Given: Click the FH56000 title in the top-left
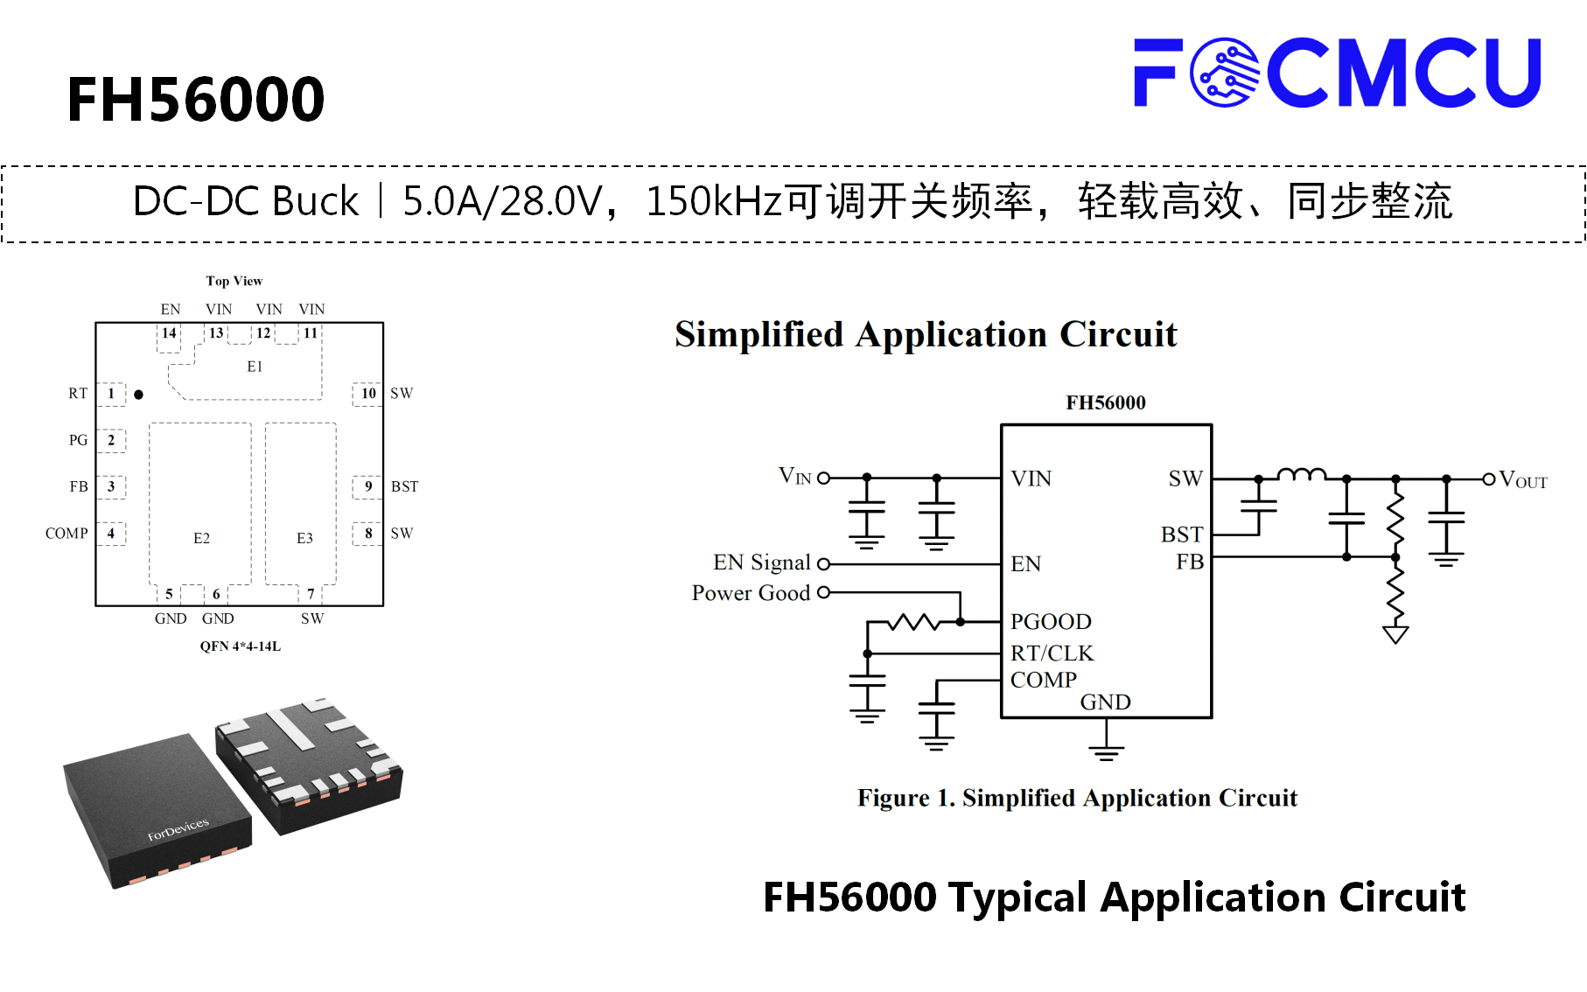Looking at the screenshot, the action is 196,99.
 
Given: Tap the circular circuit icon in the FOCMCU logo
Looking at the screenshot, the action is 1225,73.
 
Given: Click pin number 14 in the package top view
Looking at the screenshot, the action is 169,333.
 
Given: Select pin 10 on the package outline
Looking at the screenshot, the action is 368,394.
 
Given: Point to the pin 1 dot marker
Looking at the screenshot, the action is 138,395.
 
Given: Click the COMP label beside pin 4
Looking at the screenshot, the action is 66,533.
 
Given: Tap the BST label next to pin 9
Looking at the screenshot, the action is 404,486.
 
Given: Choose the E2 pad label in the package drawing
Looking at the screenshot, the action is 201,538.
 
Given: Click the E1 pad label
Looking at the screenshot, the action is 255,367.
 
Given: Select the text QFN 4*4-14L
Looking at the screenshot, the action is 241,646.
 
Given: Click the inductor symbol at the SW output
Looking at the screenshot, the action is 1302,474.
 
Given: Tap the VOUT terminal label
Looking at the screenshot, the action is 1523,480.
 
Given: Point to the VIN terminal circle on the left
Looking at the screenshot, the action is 823,479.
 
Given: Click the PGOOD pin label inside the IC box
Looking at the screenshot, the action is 1051,622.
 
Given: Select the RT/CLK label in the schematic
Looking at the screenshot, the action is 1052,653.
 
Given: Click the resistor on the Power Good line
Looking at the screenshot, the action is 914,622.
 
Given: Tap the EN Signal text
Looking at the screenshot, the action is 762,562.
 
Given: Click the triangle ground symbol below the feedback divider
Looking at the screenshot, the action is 1395,634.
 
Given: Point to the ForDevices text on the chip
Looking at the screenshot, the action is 178,829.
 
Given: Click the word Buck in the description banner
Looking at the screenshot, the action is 316,201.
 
